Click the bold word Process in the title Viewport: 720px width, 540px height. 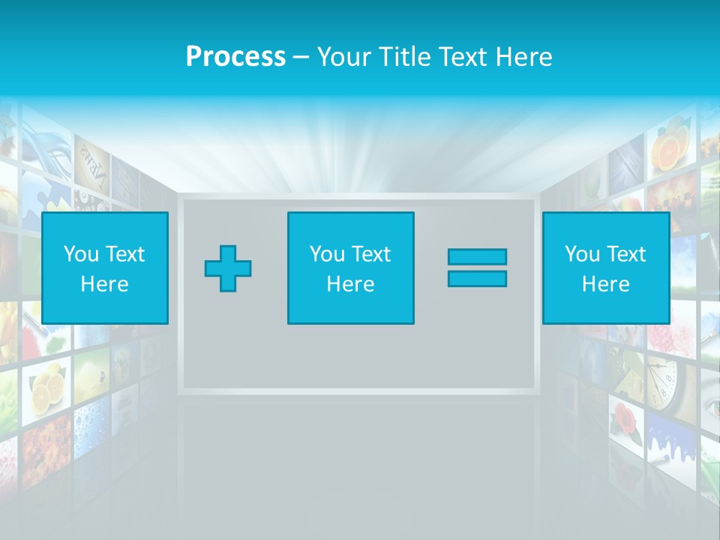click(x=235, y=57)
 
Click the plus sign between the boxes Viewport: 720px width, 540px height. click(x=228, y=268)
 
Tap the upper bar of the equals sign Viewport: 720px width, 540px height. click(x=477, y=256)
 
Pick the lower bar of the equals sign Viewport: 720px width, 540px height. click(x=477, y=279)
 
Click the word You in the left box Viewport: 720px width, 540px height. click(x=81, y=254)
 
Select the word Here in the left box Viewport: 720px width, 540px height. click(x=104, y=284)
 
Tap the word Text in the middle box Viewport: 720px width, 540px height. click(x=370, y=254)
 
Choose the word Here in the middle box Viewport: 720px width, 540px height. click(x=350, y=284)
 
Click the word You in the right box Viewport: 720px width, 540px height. click(x=582, y=254)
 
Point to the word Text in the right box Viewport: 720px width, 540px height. click(x=625, y=254)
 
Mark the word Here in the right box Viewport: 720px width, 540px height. click(x=605, y=284)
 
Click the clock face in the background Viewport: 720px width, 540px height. click(x=663, y=379)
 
